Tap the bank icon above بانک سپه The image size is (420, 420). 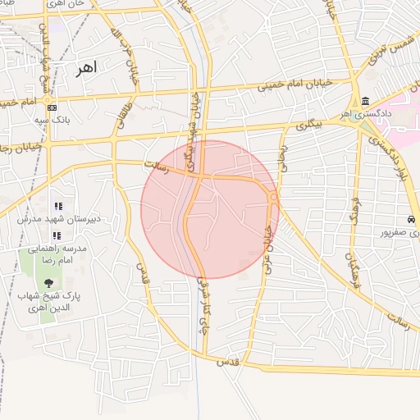[x=52, y=107]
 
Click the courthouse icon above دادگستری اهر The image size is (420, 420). [x=363, y=101]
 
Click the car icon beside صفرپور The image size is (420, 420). [x=409, y=220]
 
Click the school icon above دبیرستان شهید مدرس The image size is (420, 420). [x=57, y=206]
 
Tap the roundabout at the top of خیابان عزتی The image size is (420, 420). [x=272, y=197]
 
